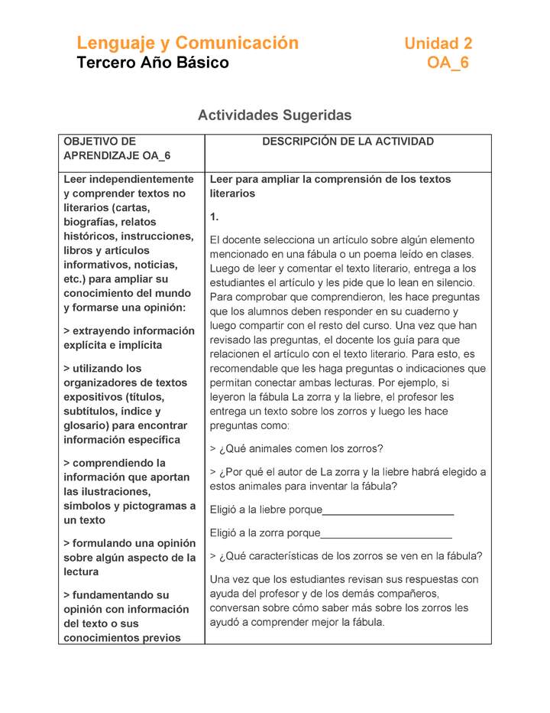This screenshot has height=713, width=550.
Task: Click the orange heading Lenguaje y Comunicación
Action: coord(187,43)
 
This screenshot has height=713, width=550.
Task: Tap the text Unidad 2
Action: coord(438,44)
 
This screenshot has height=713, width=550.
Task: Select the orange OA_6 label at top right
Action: coord(448,63)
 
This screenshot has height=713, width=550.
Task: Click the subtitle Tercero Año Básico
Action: coord(153,63)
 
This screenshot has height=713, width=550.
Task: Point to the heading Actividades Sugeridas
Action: coord(274,116)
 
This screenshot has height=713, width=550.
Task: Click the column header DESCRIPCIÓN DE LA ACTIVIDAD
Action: coord(348,142)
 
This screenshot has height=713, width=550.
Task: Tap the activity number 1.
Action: coord(214,217)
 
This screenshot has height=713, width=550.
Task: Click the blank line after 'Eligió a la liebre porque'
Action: coord(388,510)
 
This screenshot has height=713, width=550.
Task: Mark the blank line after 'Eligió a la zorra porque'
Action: coord(386,532)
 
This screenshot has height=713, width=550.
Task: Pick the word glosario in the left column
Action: coord(86,425)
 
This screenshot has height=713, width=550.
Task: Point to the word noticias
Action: coord(153,265)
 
